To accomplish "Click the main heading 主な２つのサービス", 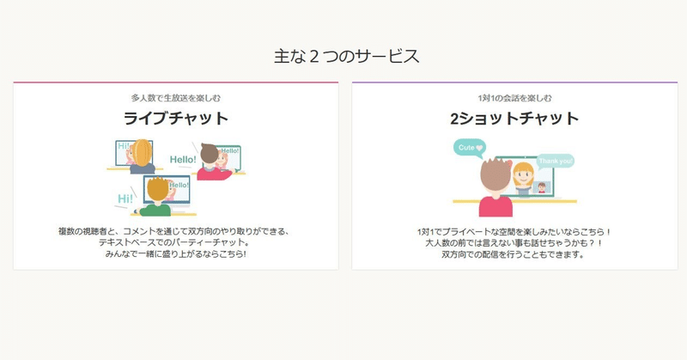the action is coord(347,57).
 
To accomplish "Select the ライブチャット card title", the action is coord(176,119).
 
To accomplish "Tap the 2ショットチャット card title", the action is coord(514,119).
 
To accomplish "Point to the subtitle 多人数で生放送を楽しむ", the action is coord(176,98).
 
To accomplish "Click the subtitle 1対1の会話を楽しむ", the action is coord(514,98).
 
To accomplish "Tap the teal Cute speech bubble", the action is coord(469,148).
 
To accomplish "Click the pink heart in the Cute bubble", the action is coord(479,148).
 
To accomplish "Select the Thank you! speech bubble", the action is coord(556,161).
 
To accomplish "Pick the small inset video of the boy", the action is coord(542,187).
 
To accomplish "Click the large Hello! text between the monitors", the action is coord(183,160).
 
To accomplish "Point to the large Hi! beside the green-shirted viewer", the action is coord(125,198).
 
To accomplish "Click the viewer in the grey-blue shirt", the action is coord(142,156).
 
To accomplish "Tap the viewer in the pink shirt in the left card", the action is coord(212,162).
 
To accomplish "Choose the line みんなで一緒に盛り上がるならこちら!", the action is coord(176,253).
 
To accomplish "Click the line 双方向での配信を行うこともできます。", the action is coord(513,254).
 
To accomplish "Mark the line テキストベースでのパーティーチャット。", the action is coord(174,242).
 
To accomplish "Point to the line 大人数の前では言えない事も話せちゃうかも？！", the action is coord(514,243).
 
